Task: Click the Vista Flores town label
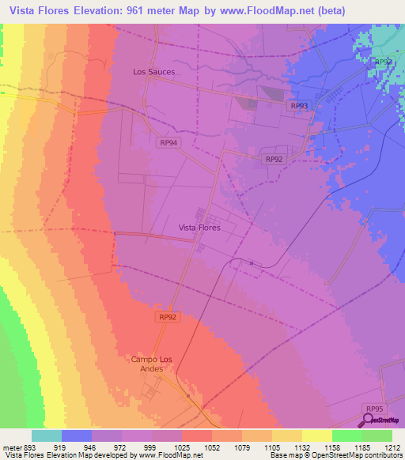pyautogui.click(x=199, y=228)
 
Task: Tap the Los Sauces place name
pyautogui.click(x=153, y=72)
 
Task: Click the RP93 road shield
pyautogui.click(x=299, y=105)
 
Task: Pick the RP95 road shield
pyautogui.click(x=373, y=409)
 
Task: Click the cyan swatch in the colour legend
pyautogui.click(x=47, y=435)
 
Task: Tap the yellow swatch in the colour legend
pyautogui.click(x=316, y=435)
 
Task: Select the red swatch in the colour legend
pyautogui.click(x=196, y=435)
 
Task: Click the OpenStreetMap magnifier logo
pyautogui.click(x=369, y=420)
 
